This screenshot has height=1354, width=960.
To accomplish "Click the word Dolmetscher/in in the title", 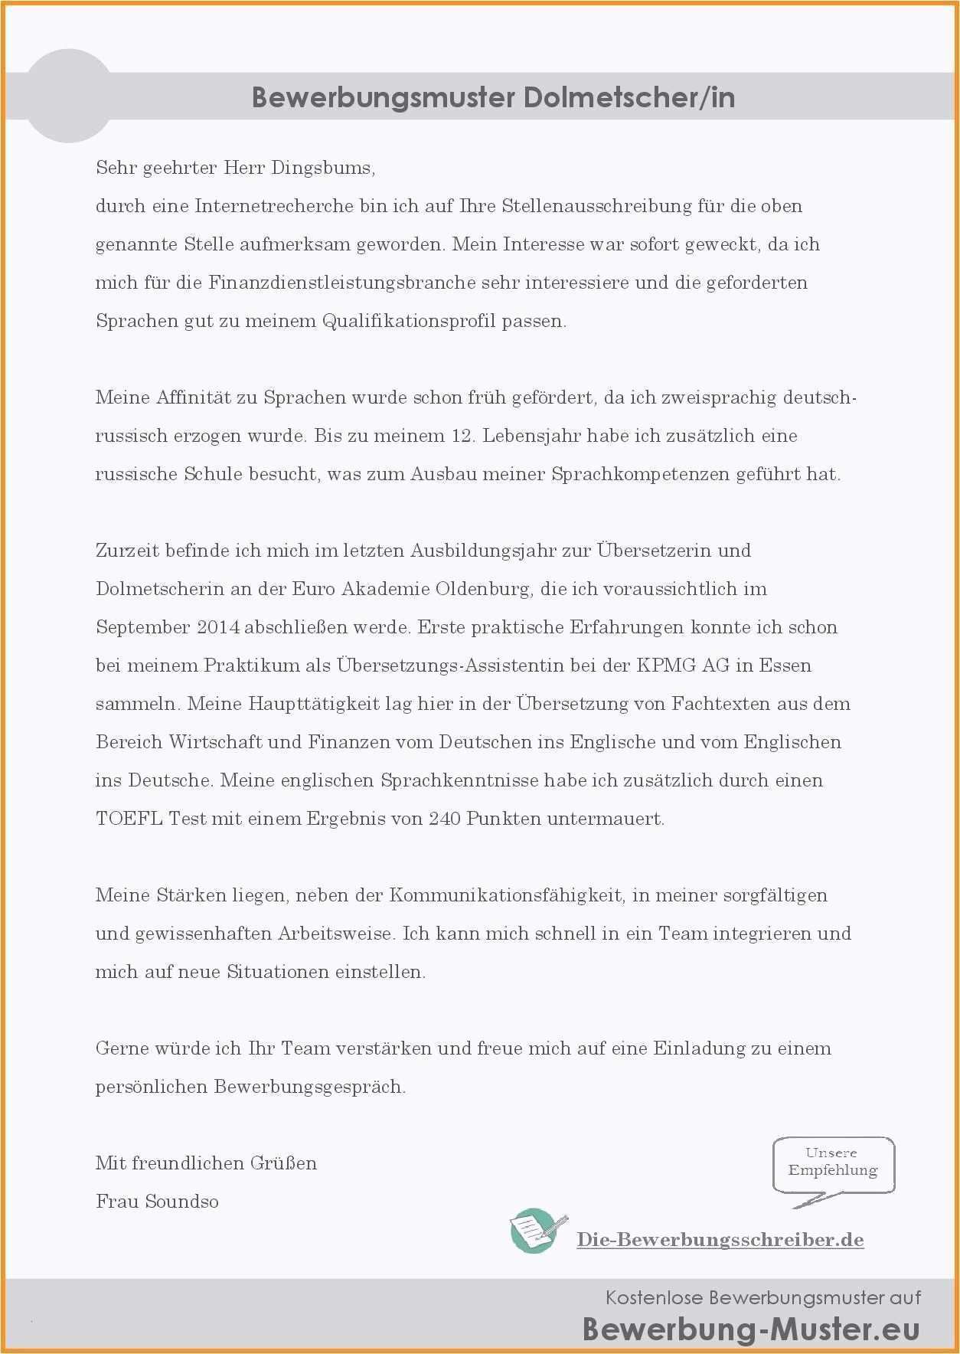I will [629, 98].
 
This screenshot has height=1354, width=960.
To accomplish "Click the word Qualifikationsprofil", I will [409, 321].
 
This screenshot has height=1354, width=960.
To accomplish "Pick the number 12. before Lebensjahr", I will [463, 436].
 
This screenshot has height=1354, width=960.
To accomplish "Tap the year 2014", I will [218, 627].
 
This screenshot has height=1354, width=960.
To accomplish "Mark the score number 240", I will [444, 819].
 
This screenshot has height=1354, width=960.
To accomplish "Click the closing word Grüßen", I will [282, 1163].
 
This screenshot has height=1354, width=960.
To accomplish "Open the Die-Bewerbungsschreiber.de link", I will [720, 1240].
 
